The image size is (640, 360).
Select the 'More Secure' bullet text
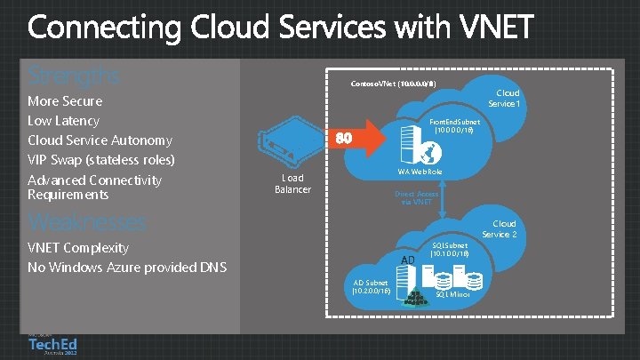[65, 101]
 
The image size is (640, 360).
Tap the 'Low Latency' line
[63, 121]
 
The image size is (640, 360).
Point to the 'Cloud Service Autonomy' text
[100, 140]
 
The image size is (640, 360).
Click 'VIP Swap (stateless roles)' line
[101, 160]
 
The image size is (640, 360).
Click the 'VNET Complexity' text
[78, 247]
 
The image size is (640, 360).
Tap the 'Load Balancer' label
[292, 184]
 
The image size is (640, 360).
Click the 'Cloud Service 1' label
[507, 99]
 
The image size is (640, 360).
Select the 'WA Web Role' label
[420, 171]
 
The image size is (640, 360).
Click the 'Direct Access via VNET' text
[416, 197]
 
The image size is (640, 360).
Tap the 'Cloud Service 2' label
[500, 229]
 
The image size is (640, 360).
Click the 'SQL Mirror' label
[453, 293]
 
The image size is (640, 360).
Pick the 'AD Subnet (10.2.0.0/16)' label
[372, 285]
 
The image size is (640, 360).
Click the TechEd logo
[52, 344]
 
